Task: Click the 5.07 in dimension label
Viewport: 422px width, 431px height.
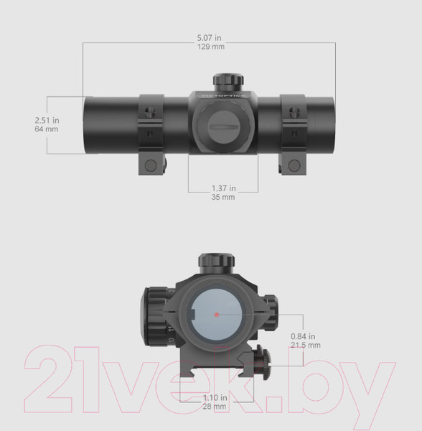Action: (x=210, y=37)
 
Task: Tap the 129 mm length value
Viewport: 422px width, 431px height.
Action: (x=211, y=47)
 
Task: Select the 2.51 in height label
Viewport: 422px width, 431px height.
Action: (x=47, y=120)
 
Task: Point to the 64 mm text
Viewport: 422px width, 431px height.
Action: (x=47, y=129)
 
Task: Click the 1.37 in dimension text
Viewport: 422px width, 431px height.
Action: (x=223, y=188)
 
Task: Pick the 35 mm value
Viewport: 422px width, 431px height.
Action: (x=223, y=197)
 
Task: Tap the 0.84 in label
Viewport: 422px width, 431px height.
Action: (x=303, y=336)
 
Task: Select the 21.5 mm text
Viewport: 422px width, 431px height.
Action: (x=306, y=345)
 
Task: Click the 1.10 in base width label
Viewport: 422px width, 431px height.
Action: (x=215, y=397)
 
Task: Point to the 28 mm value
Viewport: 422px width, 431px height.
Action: (x=215, y=407)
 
